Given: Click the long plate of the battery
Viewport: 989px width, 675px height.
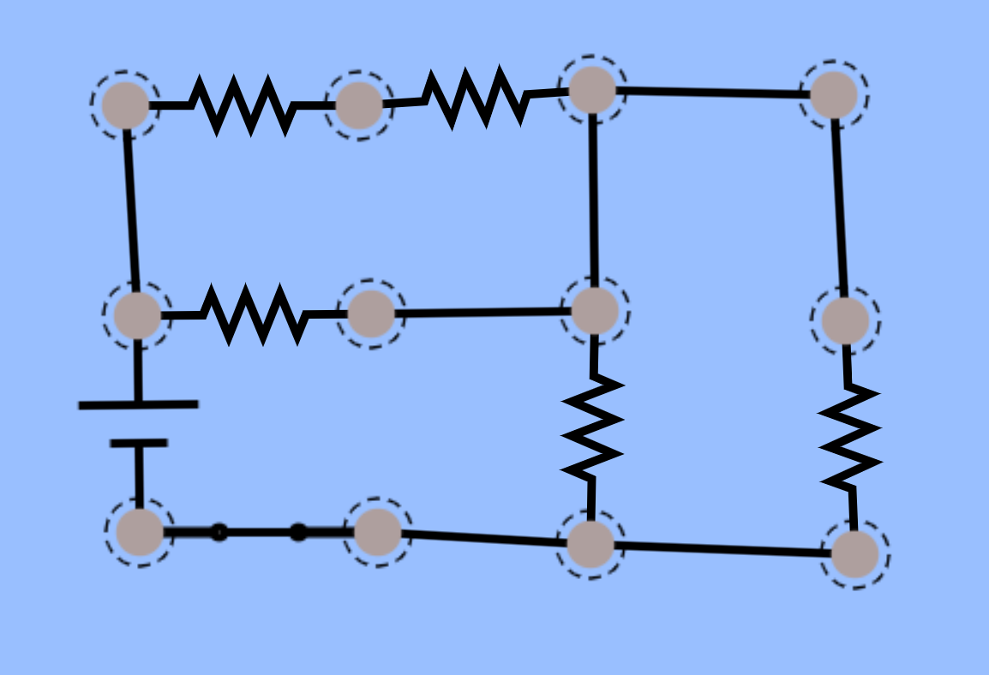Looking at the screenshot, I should coord(138,403).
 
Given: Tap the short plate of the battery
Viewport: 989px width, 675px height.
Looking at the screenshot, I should coord(139,443).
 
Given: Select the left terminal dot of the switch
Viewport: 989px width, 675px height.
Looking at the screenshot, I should coord(219,532).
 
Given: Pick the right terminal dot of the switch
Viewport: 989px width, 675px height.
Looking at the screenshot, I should coord(298,532).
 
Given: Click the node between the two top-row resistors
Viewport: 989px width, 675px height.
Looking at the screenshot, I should coord(359,105).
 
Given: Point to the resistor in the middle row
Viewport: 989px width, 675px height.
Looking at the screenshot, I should coord(255,314).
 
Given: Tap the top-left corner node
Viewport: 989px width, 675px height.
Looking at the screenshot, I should coord(126,105).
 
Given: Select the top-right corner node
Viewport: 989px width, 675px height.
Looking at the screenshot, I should coord(834,94).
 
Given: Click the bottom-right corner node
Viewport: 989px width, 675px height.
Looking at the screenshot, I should coord(855,554).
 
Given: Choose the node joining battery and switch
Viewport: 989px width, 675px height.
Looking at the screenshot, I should coord(140,532).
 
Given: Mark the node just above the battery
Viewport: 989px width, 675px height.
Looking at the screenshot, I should coord(137,314).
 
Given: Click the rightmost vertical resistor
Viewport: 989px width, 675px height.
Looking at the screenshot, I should coord(849,438).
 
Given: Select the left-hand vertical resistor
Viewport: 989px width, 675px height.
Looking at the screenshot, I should coord(592,426).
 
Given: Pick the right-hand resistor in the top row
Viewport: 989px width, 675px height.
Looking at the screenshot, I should coord(477,96).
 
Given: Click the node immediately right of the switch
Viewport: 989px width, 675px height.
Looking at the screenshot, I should coord(378,532).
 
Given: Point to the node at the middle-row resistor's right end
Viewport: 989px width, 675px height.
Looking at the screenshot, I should coord(371,313).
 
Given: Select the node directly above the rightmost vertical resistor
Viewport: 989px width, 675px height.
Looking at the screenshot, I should coord(845,320).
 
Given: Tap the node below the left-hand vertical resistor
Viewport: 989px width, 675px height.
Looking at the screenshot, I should coord(590,544).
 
